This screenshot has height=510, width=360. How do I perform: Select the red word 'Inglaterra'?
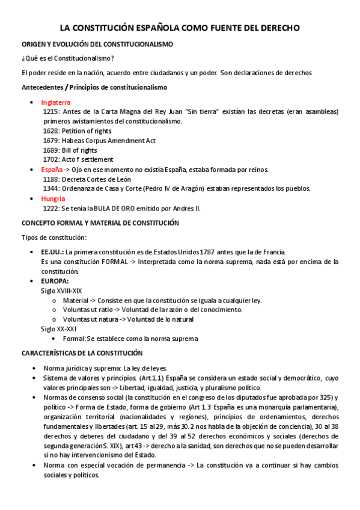(x=56, y=102)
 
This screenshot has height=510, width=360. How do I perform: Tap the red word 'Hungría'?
(x=53, y=198)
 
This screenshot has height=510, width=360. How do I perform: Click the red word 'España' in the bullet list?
(x=52, y=170)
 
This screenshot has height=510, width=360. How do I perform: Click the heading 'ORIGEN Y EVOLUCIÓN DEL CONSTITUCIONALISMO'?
(x=97, y=45)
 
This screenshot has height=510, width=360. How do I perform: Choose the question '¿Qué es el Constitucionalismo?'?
(x=68, y=58)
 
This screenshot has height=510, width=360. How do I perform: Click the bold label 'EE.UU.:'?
(x=52, y=251)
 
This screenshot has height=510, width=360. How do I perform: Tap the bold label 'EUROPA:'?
(x=55, y=281)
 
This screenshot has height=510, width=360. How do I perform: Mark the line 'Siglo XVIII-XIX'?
(x=61, y=290)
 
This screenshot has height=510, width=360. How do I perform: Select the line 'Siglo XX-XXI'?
(x=58, y=329)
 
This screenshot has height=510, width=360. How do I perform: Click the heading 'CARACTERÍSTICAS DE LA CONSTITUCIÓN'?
(x=82, y=353)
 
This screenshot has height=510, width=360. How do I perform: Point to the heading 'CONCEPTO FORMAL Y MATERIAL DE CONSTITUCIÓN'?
(x=100, y=223)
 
